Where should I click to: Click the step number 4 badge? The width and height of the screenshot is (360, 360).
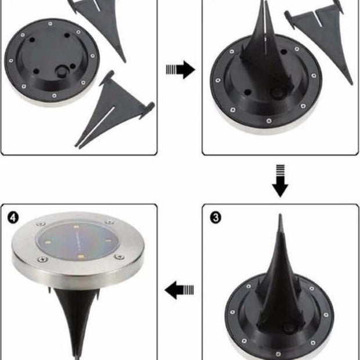coord(13,217)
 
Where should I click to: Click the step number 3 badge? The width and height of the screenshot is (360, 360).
coord(216,217)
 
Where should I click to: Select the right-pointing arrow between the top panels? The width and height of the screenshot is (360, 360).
coord(181,69)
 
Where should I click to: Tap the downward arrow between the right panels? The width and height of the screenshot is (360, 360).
coord(280,181)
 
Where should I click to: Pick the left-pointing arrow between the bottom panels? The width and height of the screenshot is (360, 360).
coord(179,290)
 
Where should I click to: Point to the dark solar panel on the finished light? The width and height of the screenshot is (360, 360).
coord(78,240)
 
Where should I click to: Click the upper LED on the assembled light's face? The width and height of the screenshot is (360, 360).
coord(76,227)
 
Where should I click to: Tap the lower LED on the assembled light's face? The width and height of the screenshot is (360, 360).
coord(80,256)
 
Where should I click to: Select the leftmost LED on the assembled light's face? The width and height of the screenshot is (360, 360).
coord(49,242)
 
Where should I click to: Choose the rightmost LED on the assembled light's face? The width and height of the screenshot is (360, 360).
coord(109,241)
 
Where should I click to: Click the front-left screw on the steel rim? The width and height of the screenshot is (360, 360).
coord(42,259)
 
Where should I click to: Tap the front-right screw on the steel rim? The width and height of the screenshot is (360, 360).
coord(120,257)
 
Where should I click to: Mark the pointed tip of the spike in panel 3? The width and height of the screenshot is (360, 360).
coord(280,214)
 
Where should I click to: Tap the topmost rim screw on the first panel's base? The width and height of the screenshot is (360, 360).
coord(51,24)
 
